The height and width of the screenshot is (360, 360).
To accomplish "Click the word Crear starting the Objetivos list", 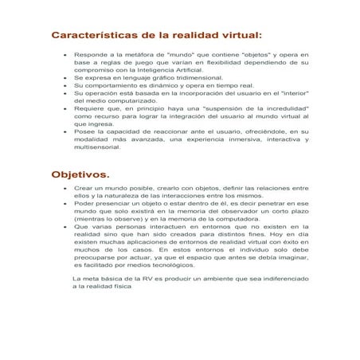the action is (x=82, y=188).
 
